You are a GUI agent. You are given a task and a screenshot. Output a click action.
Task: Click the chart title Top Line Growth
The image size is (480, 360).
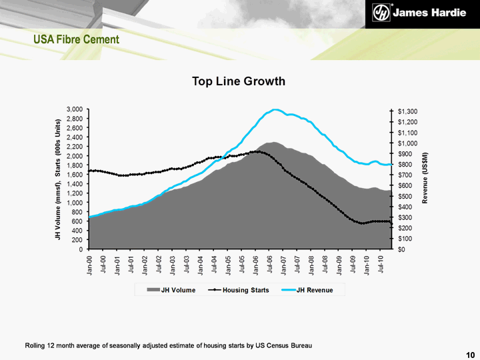(239, 81)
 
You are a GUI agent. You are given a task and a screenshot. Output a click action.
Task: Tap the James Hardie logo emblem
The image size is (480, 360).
(380, 14)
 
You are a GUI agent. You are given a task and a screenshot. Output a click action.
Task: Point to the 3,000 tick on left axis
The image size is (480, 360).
(74, 109)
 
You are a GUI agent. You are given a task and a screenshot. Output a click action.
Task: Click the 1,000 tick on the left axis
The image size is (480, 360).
(74, 203)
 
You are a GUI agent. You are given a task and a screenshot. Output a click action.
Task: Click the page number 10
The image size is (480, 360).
(471, 353)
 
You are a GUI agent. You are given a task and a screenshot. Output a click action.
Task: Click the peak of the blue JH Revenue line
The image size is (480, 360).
(274, 109)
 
